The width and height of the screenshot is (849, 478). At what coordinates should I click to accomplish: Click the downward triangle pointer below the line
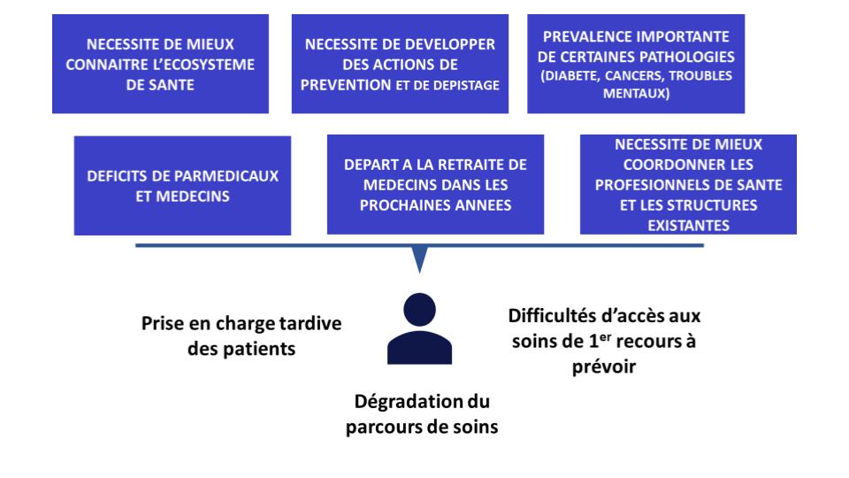(420, 258)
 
